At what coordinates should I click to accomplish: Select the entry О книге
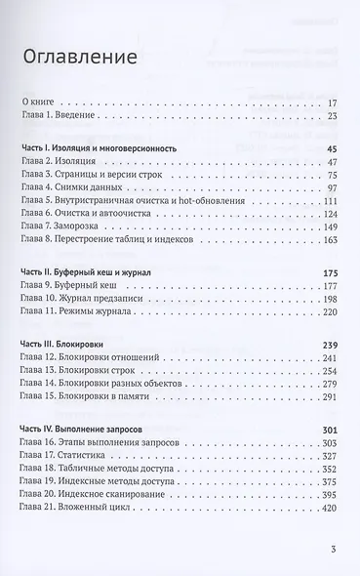[41, 102]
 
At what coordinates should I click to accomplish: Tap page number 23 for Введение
[331, 116]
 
